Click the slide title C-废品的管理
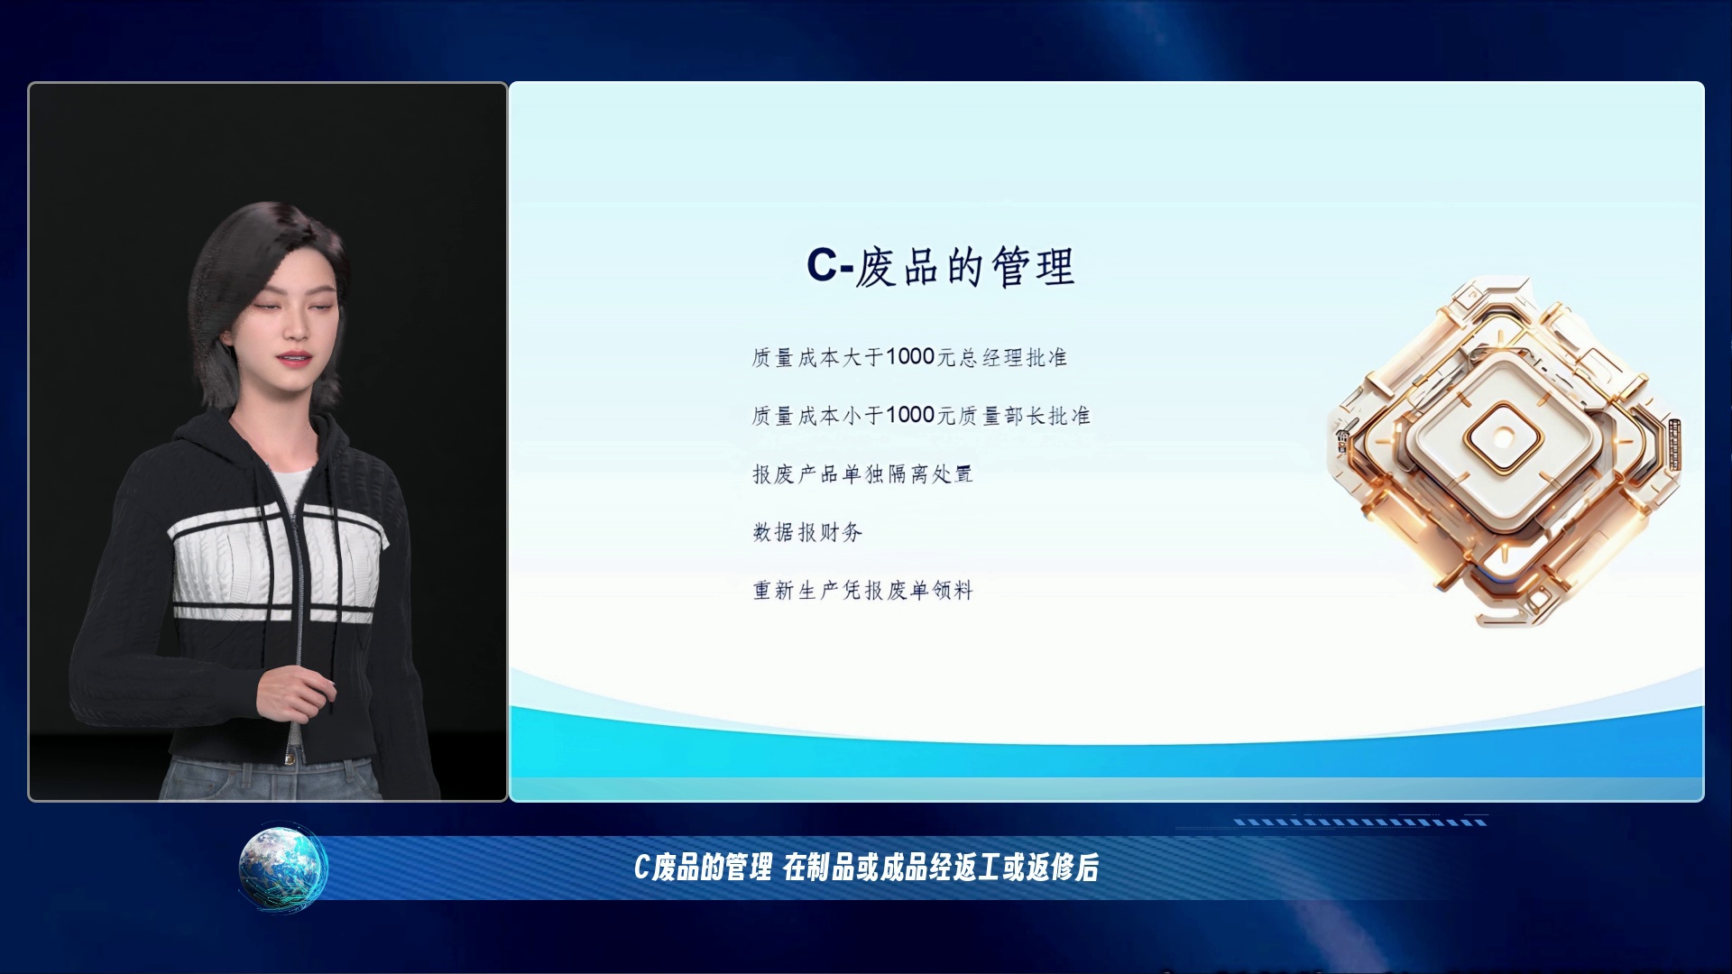pyautogui.click(x=940, y=267)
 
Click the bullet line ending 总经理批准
pyautogui.click(x=909, y=357)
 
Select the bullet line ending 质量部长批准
pyautogui.click(x=921, y=415)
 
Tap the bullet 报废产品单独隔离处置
pyautogui.click(x=862, y=473)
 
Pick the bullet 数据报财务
pyautogui.click(x=807, y=532)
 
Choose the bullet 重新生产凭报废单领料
pyautogui.click(x=862, y=590)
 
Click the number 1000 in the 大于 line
pyautogui.click(x=909, y=357)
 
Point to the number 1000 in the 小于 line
pyautogui.click(x=909, y=415)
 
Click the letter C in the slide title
pyautogui.click(x=823, y=265)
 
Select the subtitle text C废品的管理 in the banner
pyautogui.click(x=703, y=868)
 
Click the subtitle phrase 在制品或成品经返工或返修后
pyautogui.click(x=941, y=868)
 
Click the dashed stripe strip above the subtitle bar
pyautogui.click(x=1360, y=822)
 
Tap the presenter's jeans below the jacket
pyautogui.click(x=271, y=779)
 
